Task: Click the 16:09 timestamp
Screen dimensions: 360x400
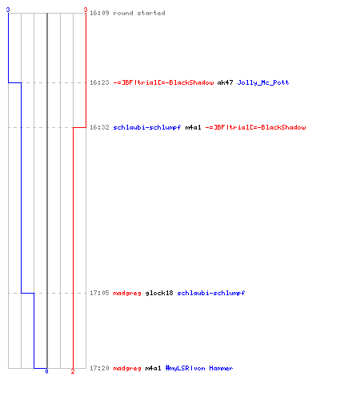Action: [99, 13]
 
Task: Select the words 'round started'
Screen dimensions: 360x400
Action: [139, 13]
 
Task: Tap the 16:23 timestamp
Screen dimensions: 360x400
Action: [99, 82]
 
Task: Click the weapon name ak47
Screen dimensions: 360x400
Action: [225, 82]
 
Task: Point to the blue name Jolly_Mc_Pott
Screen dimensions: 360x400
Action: [263, 82]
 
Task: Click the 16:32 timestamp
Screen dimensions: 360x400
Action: [99, 127]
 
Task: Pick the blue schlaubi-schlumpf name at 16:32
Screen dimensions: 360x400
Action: [147, 127]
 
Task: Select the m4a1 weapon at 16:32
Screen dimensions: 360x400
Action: [193, 127]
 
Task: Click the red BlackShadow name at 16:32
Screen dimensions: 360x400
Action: [255, 127]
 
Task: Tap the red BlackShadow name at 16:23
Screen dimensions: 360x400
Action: [163, 82]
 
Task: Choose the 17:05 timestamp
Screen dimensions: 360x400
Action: [99, 293]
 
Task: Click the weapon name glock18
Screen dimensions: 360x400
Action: [159, 293]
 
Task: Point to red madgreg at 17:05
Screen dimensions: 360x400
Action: [127, 293]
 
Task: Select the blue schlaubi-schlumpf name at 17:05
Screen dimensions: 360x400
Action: [211, 293]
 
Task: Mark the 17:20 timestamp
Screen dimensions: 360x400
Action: [99, 368]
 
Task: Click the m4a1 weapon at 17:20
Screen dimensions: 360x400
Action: [153, 368]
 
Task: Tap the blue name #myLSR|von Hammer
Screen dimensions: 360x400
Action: [199, 368]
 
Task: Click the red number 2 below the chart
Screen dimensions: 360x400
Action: [73, 371]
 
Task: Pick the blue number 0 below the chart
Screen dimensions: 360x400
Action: [46, 371]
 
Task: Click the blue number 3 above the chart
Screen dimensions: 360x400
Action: [8, 10]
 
